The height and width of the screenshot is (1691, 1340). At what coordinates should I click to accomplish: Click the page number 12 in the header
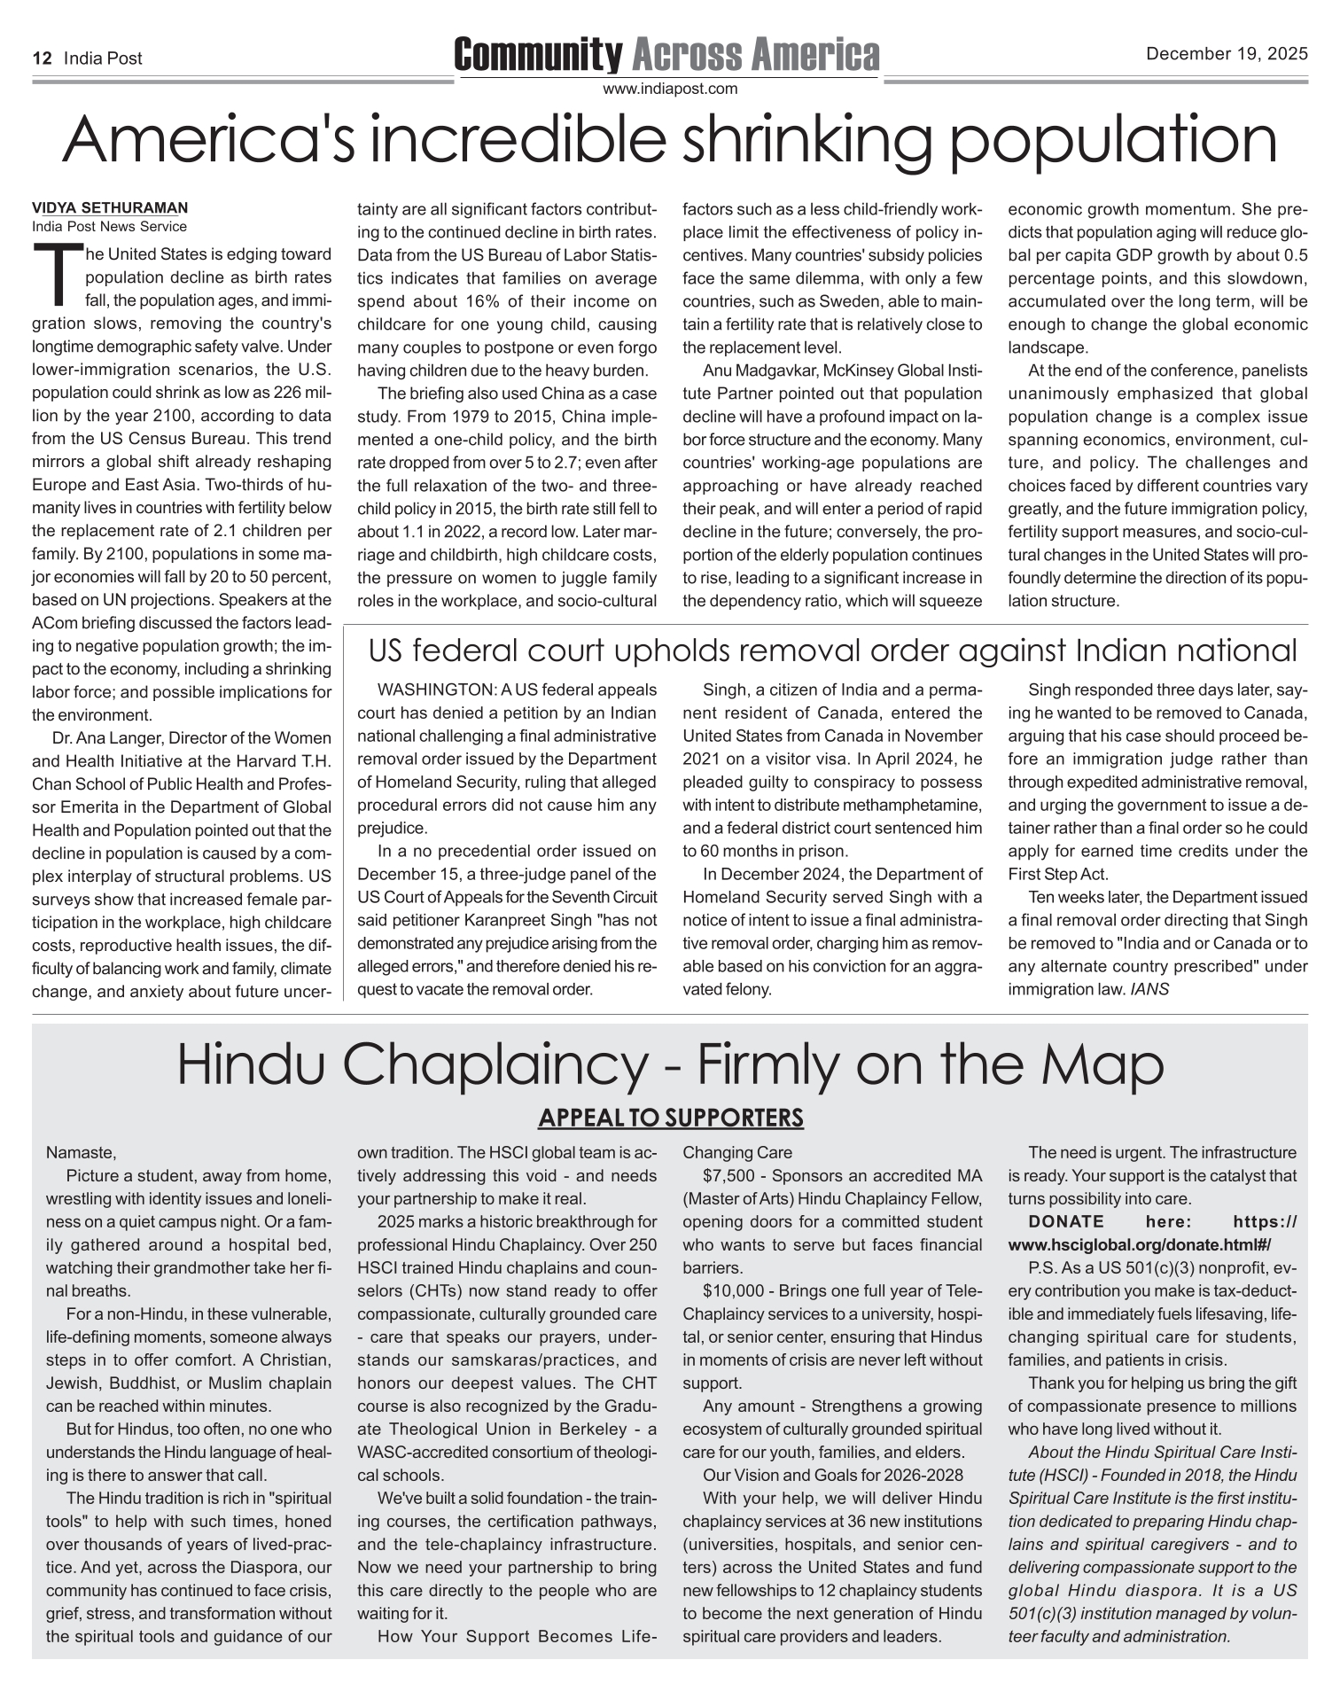[x=41, y=58]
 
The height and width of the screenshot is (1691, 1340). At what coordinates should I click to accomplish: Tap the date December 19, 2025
[x=1227, y=54]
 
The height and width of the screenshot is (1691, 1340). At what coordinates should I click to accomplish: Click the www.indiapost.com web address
[x=670, y=89]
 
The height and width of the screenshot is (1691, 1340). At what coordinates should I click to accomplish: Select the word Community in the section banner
[x=538, y=55]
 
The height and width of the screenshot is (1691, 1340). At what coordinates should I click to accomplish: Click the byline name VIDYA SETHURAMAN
[x=110, y=208]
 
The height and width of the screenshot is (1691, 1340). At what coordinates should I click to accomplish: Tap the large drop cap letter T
[x=56, y=274]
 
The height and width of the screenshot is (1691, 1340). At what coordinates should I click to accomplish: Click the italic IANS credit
[x=1149, y=989]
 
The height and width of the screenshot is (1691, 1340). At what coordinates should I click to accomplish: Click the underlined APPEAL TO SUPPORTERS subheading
[x=670, y=1118]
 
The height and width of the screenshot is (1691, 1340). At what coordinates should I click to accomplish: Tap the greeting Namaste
[x=81, y=1153]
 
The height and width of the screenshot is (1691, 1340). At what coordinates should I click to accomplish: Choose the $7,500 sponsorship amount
[x=727, y=1176]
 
